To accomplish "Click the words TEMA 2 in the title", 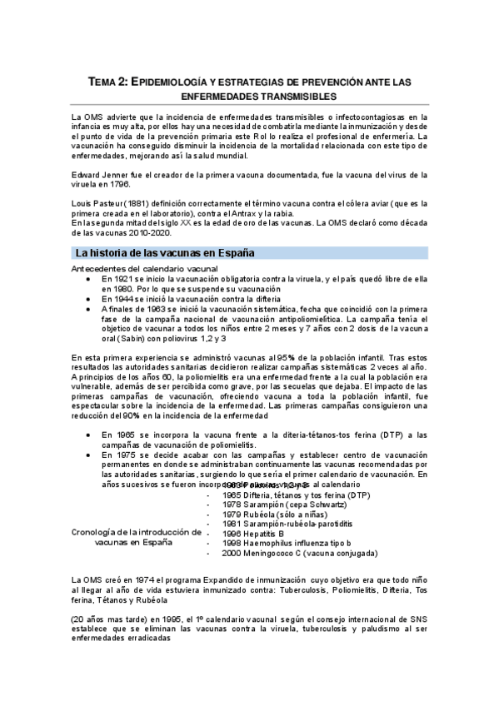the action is point(107,81).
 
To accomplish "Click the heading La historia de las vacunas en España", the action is point(165,251).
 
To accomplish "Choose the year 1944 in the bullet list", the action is point(123,298).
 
